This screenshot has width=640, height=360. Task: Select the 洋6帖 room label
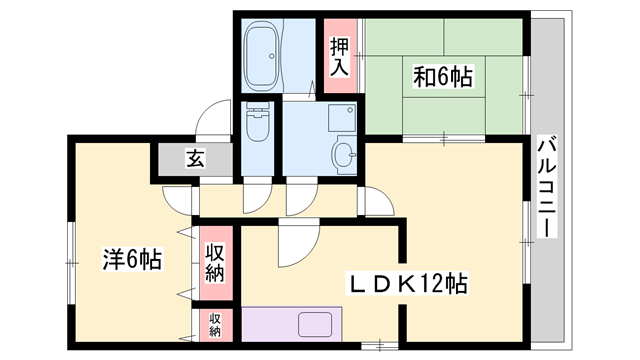click(x=130, y=260)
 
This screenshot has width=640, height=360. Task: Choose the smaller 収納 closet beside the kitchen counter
click(x=215, y=325)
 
